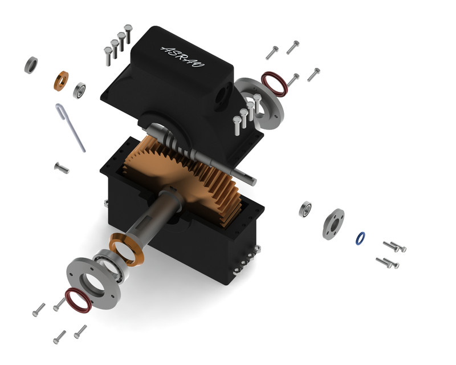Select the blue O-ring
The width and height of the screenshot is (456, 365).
click(x=360, y=238)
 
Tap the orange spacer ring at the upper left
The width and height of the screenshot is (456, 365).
click(x=61, y=80)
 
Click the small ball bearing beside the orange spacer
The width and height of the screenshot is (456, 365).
click(x=79, y=90)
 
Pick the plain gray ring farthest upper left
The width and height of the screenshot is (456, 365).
click(x=31, y=65)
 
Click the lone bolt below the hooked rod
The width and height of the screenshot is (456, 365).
click(x=61, y=168)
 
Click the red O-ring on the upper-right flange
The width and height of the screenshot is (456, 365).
click(x=274, y=83)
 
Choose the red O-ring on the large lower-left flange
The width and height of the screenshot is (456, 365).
click(x=78, y=300)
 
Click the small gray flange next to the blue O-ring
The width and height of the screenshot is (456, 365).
click(x=333, y=223)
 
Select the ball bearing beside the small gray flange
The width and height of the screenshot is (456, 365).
click(x=306, y=209)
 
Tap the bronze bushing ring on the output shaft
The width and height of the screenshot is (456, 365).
click(x=127, y=252)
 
